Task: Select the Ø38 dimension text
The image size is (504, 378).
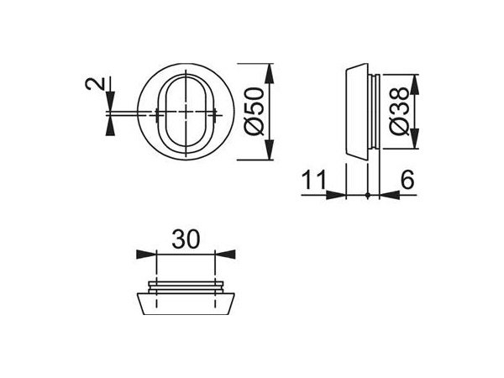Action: [x=402, y=112]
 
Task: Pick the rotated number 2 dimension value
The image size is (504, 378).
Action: [x=95, y=85]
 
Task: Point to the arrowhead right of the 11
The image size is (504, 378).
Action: [x=339, y=195]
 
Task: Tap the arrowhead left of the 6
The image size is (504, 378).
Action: [x=388, y=195]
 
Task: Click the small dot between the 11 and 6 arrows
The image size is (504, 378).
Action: [x=369, y=195]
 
